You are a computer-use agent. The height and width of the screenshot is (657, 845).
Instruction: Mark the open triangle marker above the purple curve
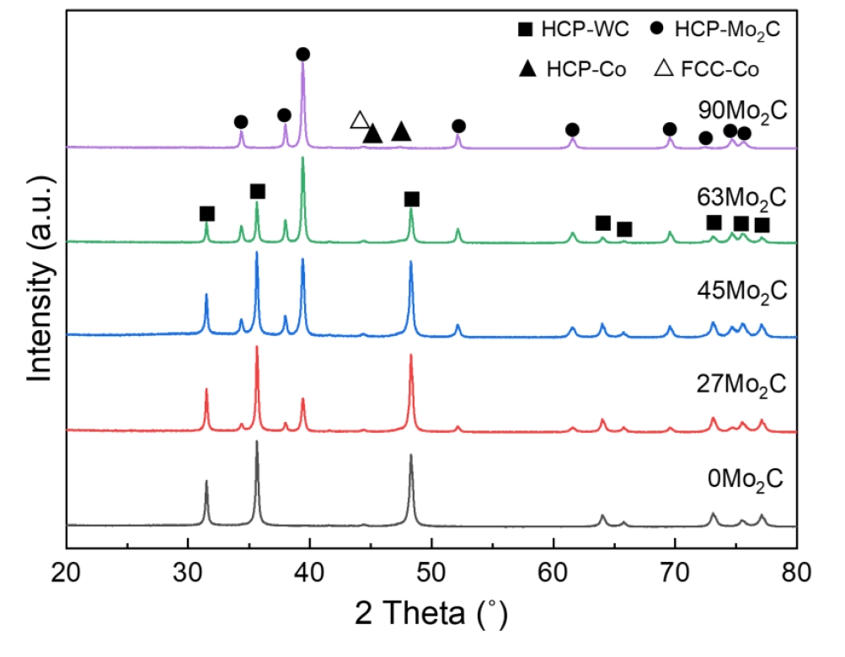click(x=360, y=120)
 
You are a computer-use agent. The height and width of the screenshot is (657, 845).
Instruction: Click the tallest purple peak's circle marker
click(x=303, y=55)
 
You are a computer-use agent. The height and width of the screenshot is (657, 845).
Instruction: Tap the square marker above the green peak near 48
click(x=411, y=199)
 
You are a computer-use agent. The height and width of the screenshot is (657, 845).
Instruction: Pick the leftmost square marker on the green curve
click(x=206, y=214)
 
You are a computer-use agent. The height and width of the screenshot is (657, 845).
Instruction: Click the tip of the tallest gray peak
click(x=257, y=441)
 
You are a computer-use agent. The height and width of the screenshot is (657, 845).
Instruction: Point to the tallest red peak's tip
click(x=257, y=346)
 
